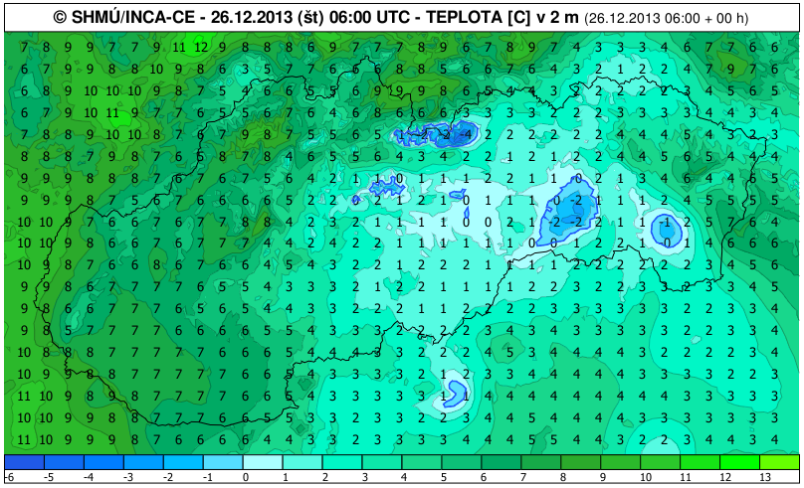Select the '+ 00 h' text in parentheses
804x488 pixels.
(730, 18)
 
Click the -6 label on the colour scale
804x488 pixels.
(7, 478)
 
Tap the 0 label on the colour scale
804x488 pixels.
(244, 478)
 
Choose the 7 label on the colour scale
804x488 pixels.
(522, 478)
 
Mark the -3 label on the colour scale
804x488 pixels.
(125, 478)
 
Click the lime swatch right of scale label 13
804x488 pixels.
(780, 462)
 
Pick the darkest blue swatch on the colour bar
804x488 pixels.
(25, 462)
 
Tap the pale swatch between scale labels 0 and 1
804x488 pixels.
(264, 462)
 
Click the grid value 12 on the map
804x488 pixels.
(200, 46)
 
